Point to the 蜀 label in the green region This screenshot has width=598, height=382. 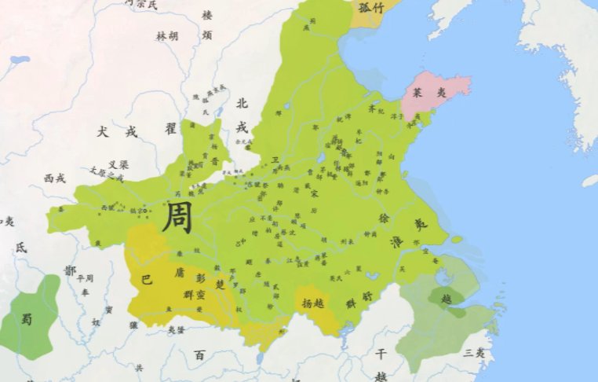27,319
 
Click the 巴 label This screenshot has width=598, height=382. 147,279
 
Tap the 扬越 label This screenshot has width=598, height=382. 312,301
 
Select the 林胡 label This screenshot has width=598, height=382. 167,36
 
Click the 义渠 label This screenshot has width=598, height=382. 118,165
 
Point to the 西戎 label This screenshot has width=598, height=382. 55,178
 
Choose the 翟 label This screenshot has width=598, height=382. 170,127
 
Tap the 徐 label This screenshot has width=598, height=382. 385,218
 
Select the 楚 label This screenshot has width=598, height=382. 221,284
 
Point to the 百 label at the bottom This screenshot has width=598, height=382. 199,355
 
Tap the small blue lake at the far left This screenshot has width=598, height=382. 20,60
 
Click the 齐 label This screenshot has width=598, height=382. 372,110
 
